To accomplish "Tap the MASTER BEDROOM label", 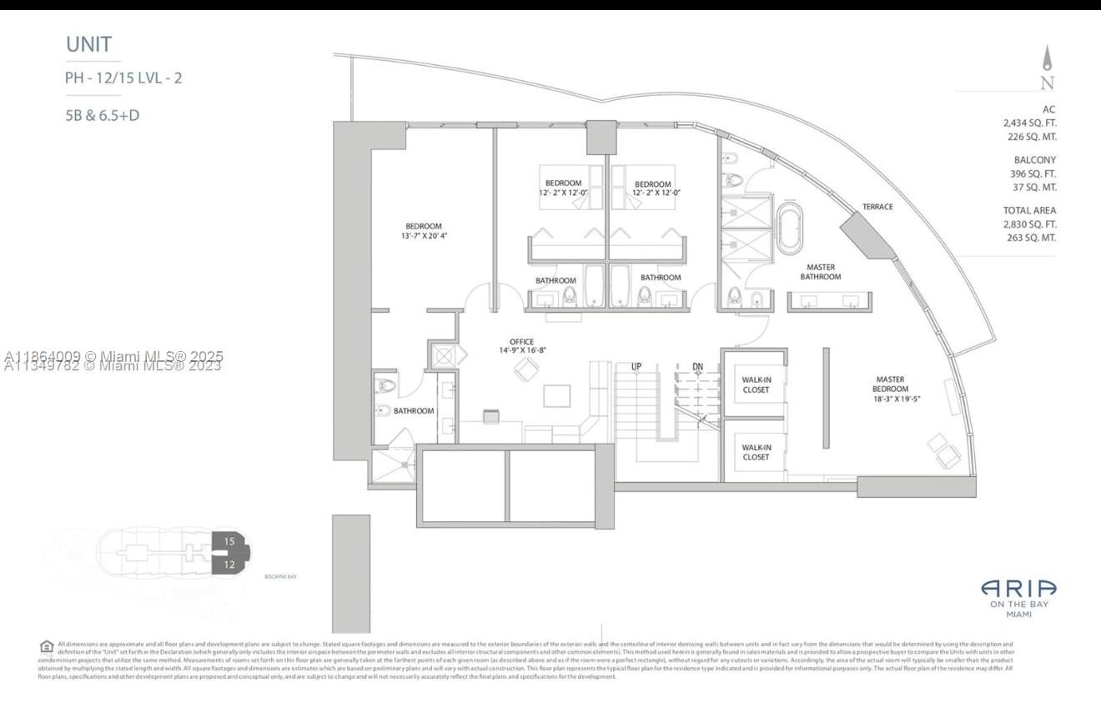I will point(890,384).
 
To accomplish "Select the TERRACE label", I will point(877,207).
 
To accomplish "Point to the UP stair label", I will point(636,366).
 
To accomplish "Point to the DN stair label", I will point(697,366).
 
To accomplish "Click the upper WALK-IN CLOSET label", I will point(756,384).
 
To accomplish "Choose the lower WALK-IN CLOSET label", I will point(756,452).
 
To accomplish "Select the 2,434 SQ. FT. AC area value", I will point(1029,123).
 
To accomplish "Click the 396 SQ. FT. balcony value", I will point(1034,173).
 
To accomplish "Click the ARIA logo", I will point(1018,589).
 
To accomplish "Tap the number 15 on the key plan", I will point(229,541).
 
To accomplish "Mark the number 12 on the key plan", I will point(229,565).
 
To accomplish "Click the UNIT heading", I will point(88,45).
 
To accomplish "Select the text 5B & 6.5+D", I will point(102,116).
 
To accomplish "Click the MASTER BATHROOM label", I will point(820,272).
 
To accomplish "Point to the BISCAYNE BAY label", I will point(281,576).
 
